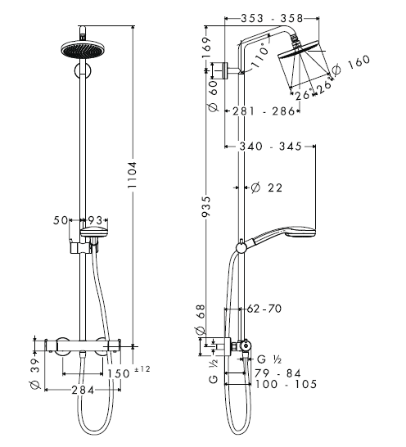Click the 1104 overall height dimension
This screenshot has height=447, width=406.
(x=133, y=174)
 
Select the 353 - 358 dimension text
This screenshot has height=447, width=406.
(x=272, y=19)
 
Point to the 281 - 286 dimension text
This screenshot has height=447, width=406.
(x=264, y=111)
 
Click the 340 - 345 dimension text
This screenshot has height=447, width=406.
(x=270, y=147)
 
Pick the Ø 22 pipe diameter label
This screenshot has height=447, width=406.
(x=267, y=187)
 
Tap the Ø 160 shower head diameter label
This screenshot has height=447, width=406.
(x=351, y=65)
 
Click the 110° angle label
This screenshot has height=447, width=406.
(x=260, y=55)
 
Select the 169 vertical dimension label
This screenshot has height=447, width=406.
(x=207, y=47)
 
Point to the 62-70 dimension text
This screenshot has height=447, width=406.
(x=264, y=309)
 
